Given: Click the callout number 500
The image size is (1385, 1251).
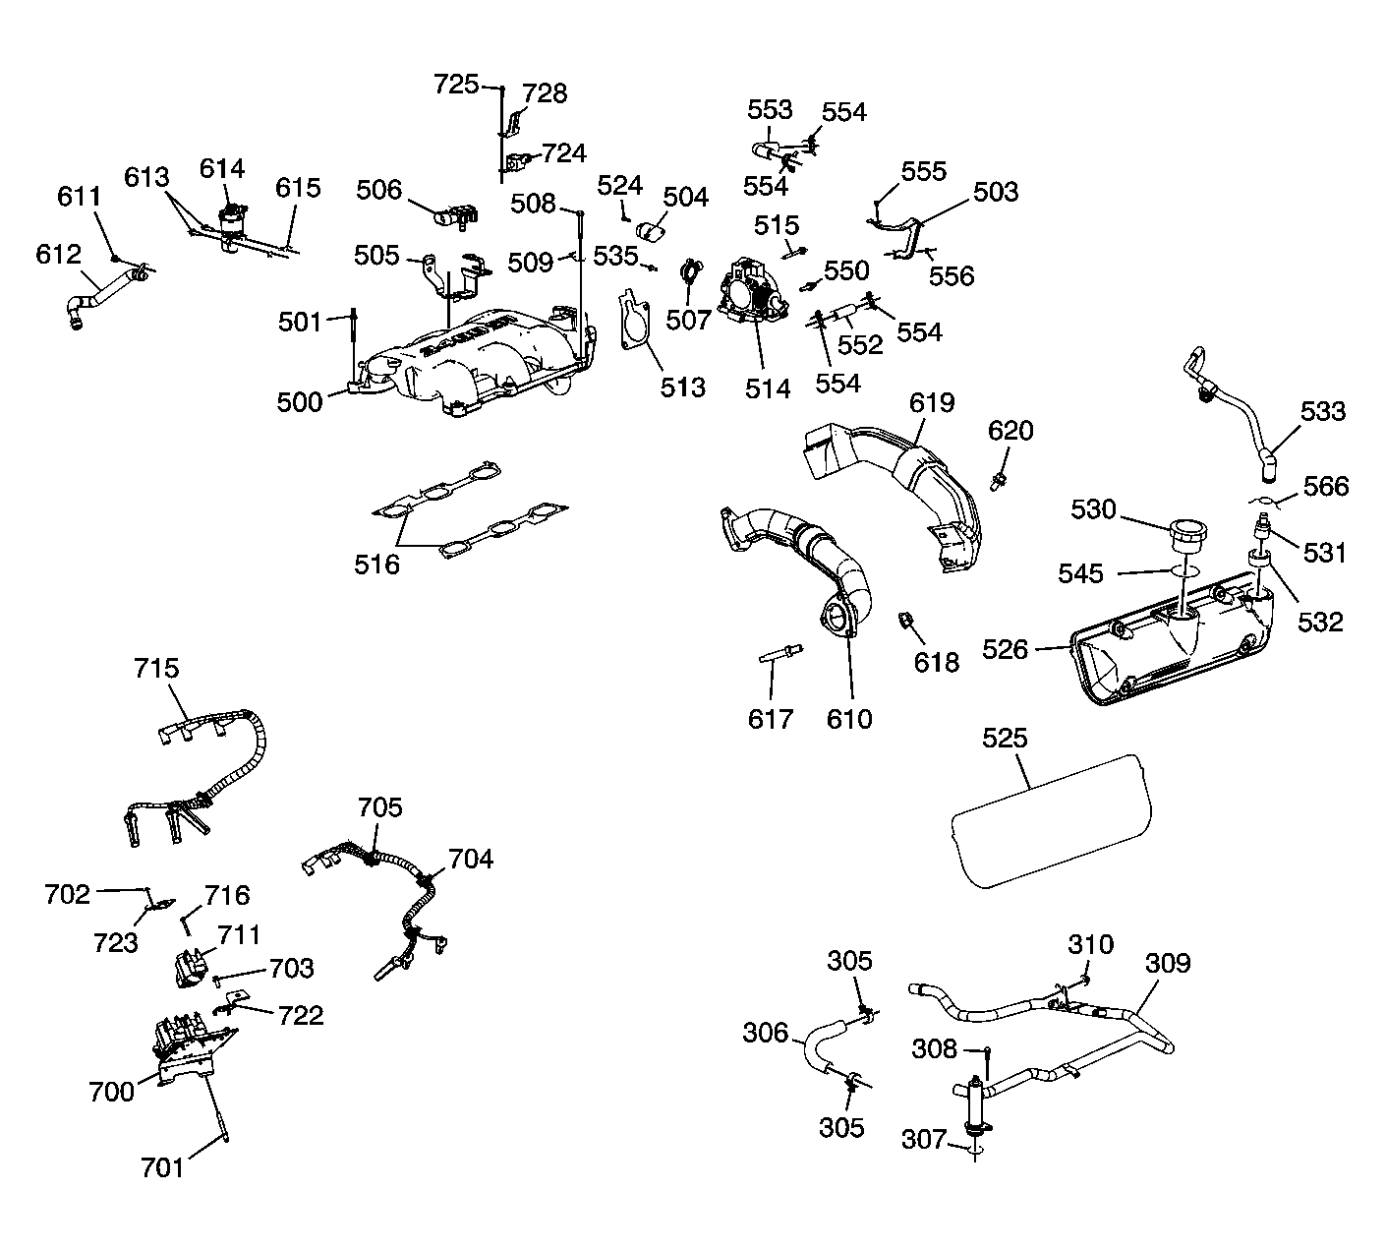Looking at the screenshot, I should click(x=300, y=401).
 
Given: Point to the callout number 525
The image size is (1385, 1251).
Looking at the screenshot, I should click(x=1004, y=739).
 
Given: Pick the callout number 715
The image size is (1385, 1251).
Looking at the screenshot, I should click(x=157, y=669).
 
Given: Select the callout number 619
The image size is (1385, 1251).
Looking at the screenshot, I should click(x=932, y=402).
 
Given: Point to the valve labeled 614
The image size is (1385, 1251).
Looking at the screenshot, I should click(x=232, y=221).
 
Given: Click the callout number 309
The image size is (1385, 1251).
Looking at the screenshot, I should click(x=1168, y=963).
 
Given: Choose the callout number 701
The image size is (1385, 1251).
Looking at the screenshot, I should click(x=163, y=1167).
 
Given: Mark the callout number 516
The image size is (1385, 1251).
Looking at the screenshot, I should click(x=377, y=564).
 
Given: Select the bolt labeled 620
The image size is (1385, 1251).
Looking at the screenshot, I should click(x=998, y=480).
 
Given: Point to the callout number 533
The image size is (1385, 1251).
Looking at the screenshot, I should click(x=1322, y=410).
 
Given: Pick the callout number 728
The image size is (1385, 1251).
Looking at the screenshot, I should click(x=545, y=93).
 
